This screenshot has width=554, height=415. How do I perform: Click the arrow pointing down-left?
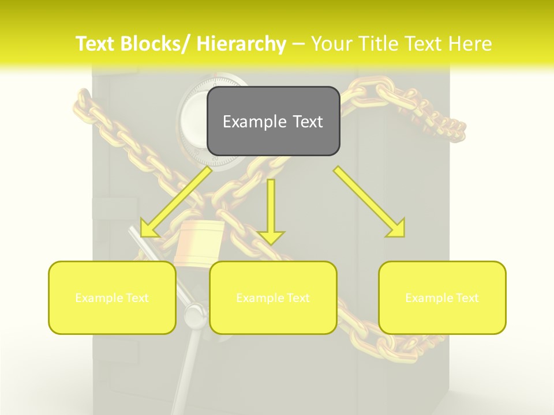(175, 202)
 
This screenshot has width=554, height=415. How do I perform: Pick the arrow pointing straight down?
(271, 211)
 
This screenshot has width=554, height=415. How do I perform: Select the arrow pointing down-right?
(369, 201)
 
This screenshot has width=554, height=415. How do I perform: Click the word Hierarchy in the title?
(241, 44)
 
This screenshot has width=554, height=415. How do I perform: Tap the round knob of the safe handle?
(193, 315)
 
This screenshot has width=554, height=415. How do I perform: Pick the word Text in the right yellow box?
(466, 298)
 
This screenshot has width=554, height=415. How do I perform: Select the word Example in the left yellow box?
(99, 298)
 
